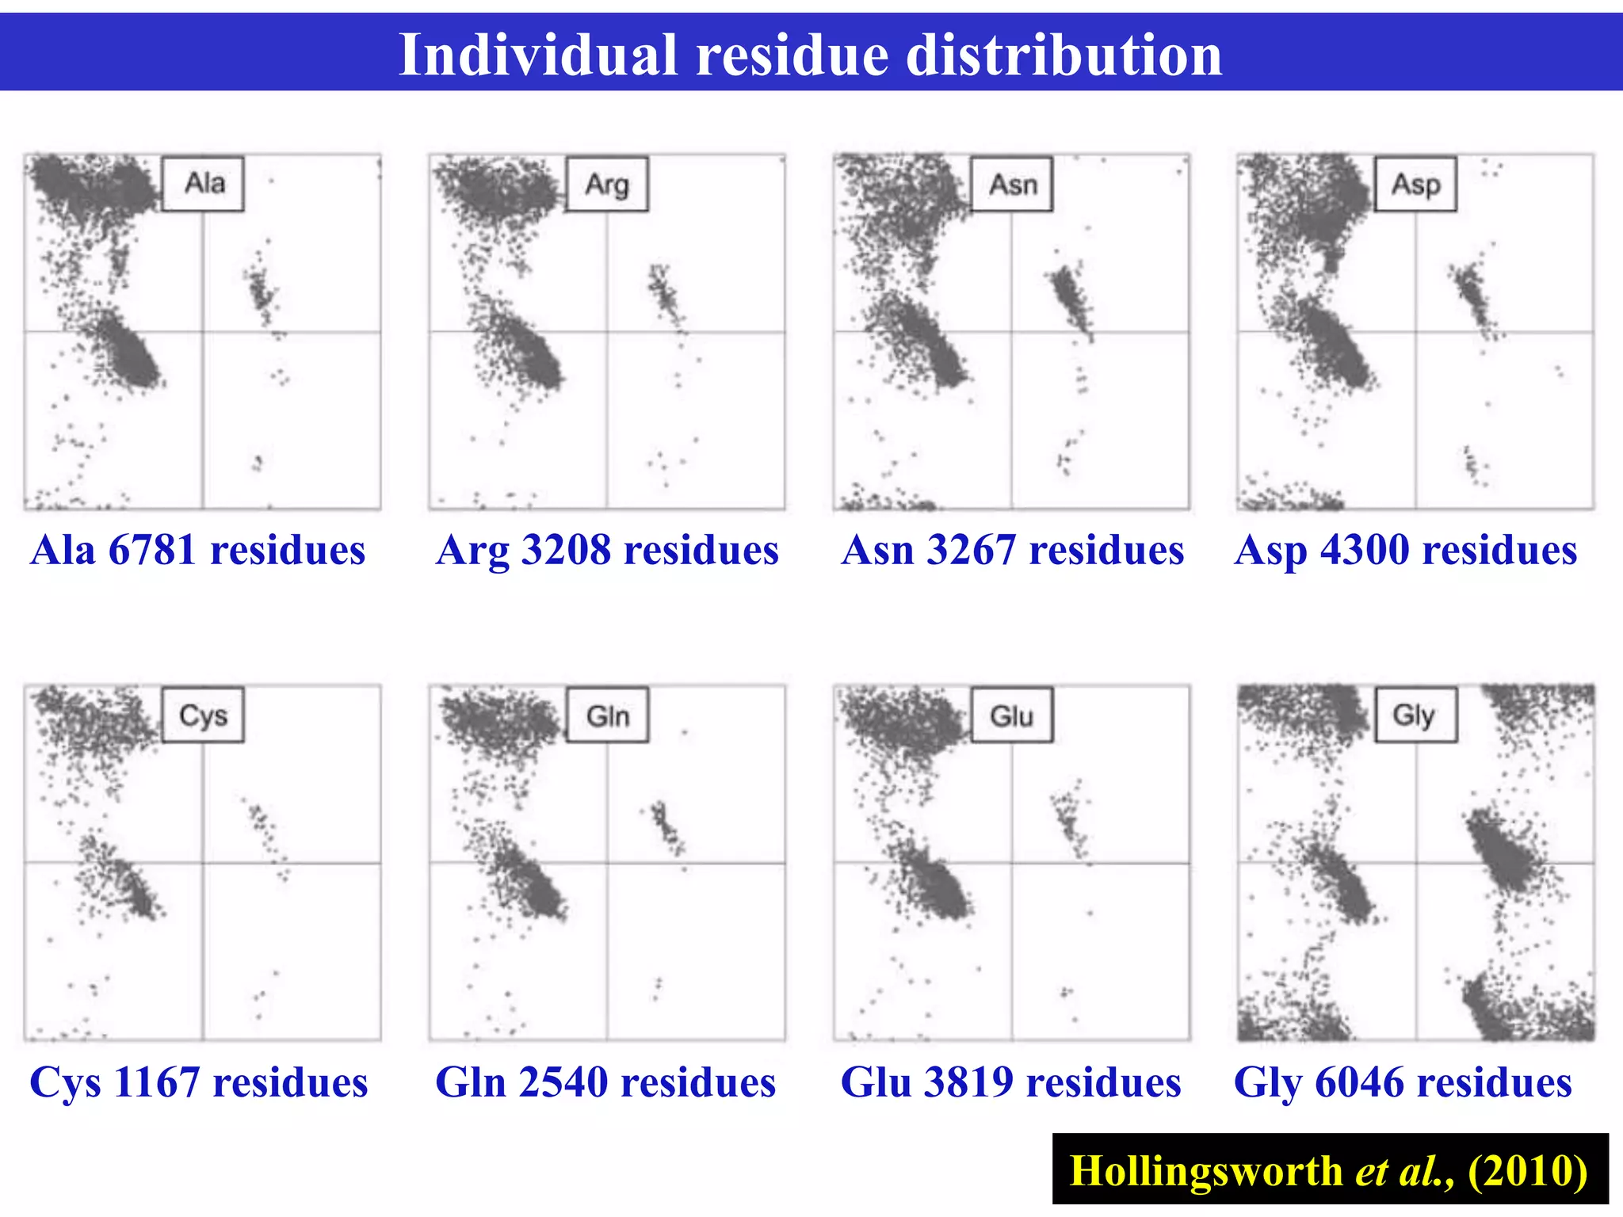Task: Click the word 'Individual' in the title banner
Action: (538, 55)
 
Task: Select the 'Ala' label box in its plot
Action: (203, 184)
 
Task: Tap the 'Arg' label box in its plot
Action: (607, 185)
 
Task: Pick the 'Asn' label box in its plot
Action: (1012, 185)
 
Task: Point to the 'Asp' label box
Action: (1415, 185)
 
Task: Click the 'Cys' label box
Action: (203, 715)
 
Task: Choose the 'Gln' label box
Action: (607, 715)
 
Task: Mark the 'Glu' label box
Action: (1012, 715)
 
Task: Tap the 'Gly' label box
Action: (1415, 715)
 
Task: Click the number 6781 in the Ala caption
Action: (151, 550)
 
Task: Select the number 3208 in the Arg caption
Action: (565, 550)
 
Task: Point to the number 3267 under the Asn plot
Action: (971, 550)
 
